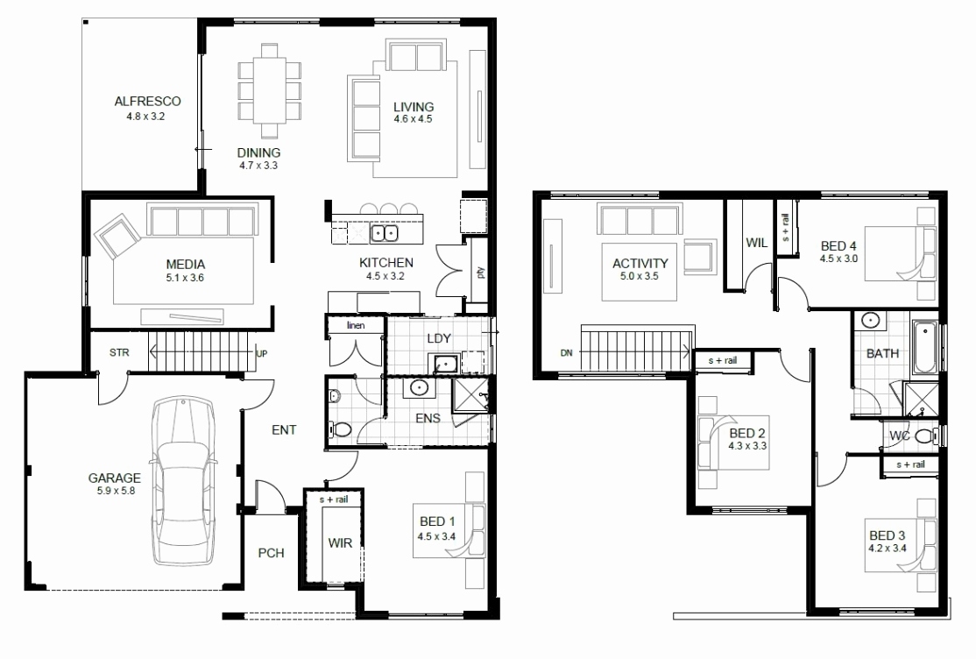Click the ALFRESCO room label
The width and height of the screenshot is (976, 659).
click(146, 102)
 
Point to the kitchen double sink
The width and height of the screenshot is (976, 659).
click(382, 234)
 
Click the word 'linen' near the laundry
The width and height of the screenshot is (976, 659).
click(355, 326)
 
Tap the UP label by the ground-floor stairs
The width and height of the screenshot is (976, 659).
click(261, 353)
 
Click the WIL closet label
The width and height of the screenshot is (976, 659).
click(757, 242)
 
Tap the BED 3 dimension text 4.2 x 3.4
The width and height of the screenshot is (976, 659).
click(887, 549)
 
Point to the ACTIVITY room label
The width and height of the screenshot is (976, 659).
click(640, 263)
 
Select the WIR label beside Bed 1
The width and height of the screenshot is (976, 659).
click(340, 543)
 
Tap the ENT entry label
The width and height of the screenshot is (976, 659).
click(284, 429)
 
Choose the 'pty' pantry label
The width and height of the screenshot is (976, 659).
click(480, 273)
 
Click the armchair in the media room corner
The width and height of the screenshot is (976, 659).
click(117, 237)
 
